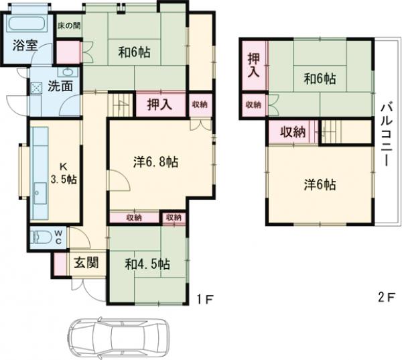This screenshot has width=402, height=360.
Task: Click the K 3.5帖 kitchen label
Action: click(x=64, y=172)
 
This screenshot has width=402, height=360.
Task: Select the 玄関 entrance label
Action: click(x=86, y=261)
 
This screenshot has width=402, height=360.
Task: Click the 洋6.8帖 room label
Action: click(x=155, y=161)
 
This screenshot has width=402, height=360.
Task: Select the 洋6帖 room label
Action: click(x=320, y=184)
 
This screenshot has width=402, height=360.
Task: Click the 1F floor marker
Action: click(x=206, y=298)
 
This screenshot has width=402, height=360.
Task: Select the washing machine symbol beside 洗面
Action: click(x=36, y=86)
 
